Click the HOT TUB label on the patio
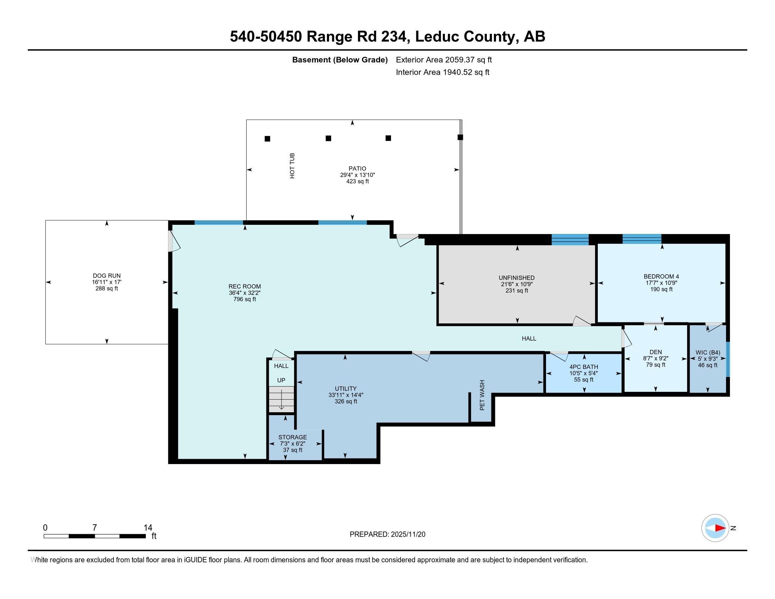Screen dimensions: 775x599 click(292, 166)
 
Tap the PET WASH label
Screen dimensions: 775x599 click(482, 395)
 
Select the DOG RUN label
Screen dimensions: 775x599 click(107, 276)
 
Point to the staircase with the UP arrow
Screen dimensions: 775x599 click(281, 399)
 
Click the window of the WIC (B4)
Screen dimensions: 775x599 click(728, 359)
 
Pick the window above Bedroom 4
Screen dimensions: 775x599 click(642, 239)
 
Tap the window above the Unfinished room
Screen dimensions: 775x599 click(570, 240)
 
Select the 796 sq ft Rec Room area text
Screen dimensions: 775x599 click(244, 299)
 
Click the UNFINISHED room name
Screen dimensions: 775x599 click(517, 278)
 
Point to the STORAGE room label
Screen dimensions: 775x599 click(292, 437)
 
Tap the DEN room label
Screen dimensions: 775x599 click(656, 352)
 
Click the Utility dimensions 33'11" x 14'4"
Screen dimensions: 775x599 click(346, 395)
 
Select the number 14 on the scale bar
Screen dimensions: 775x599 click(148, 528)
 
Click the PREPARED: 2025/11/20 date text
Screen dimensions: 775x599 click(387, 535)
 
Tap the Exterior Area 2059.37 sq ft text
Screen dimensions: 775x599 click(444, 60)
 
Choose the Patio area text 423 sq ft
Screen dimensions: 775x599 click(357, 181)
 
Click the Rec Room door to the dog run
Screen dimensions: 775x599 click(174, 241)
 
